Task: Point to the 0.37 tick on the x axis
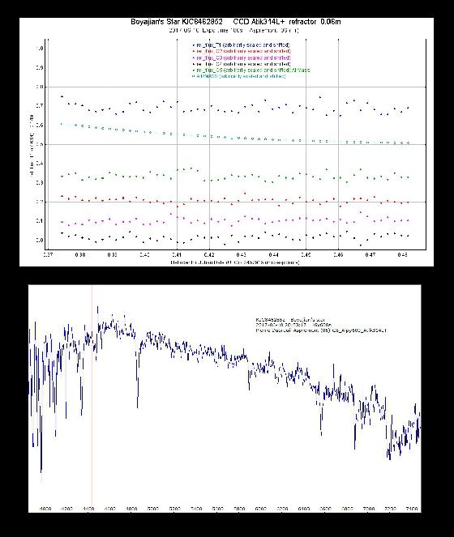point(51,254)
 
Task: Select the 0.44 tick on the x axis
point(273,254)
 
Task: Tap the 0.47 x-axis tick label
point(370,254)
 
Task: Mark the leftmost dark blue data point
point(62,96)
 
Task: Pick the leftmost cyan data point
point(62,124)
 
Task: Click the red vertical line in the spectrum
point(92,389)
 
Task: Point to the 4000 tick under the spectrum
point(45,509)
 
